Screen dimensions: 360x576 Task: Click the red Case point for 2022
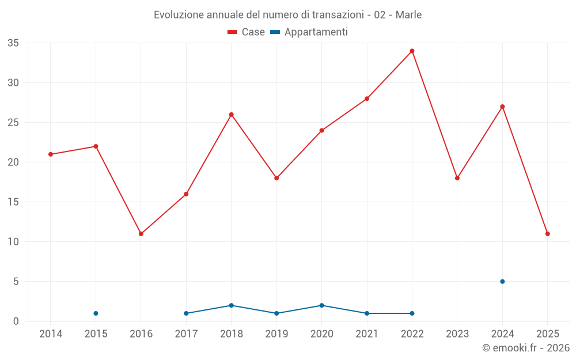click(x=412, y=51)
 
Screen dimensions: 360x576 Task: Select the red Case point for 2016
click(x=141, y=234)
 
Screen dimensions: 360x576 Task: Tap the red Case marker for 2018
click(x=232, y=115)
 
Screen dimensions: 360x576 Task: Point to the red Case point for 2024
click(x=502, y=107)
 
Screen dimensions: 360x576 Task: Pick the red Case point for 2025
click(x=548, y=234)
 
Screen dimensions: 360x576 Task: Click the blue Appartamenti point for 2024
click(x=502, y=282)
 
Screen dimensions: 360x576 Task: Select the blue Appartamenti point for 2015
click(x=96, y=313)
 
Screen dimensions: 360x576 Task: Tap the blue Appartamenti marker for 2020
click(x=321, y=305)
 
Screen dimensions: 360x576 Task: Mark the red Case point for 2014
click(x=51, y=154)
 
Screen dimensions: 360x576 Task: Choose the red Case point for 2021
click(x=367, y=98)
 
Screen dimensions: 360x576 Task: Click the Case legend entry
click(x=247, y=32)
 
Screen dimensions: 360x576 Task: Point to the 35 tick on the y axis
click(x=13, y=43)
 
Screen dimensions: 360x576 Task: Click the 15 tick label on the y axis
click(x=13, y=202)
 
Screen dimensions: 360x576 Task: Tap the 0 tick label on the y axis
click(x=16, y=321)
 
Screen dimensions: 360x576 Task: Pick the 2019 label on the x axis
click(x=276, y=334)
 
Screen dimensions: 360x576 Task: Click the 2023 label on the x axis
click(x=457, y=334)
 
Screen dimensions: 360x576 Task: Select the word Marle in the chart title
click(x=408, y=15)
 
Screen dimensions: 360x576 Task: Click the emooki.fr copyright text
click(x=526, y=348)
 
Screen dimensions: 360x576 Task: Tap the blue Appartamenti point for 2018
click(x=232, y=305)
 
